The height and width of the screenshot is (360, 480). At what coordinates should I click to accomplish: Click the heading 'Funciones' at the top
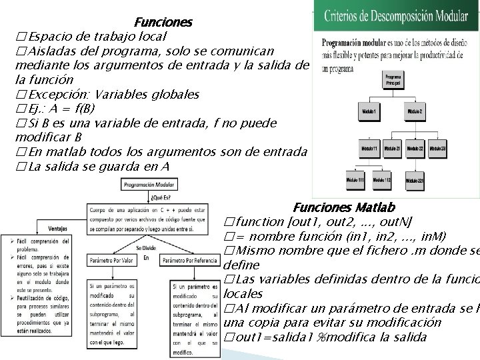[x=163, y=22]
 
